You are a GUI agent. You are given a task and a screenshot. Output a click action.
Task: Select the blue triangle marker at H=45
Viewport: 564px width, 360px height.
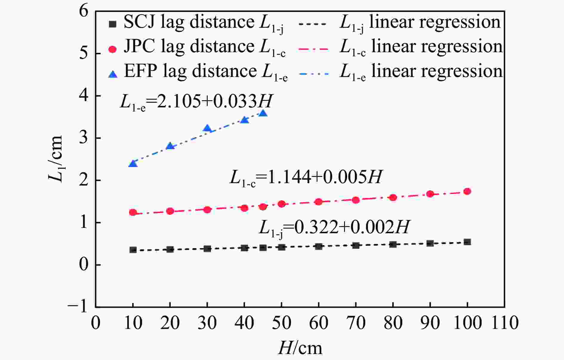(x=263, y=113)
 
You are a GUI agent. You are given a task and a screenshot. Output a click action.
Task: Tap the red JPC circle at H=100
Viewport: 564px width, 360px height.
(x=467, y=191)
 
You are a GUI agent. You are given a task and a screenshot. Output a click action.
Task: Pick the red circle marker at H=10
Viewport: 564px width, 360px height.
(x=133, y=212)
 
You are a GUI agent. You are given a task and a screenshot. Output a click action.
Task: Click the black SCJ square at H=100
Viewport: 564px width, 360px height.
(x=467, y=242)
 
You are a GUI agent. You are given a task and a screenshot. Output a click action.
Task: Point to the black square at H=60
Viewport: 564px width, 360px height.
(x=319, y=246)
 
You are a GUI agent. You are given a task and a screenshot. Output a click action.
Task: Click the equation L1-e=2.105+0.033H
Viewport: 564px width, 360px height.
(x=196, y=102)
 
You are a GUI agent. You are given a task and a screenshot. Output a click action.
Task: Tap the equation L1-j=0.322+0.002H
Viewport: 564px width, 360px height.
(x=334, y=228)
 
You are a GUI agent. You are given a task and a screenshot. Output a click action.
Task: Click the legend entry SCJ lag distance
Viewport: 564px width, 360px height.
(x=197, y=23)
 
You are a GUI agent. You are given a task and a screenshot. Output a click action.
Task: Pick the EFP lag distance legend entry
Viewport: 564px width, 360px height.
(x=198, y=72)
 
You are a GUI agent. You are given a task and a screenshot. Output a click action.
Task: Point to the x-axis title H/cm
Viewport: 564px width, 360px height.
(x=300, y=348)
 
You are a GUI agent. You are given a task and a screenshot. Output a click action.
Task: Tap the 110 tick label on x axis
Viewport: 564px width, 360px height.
(x=505, y=323)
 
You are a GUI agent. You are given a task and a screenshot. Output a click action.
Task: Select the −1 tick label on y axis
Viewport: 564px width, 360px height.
(x=78, y=306)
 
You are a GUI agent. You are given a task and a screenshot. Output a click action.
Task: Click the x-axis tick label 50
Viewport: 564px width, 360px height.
(x=281, y=323)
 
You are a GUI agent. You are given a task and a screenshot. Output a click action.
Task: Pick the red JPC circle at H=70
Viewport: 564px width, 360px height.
(x=356, y=200)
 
